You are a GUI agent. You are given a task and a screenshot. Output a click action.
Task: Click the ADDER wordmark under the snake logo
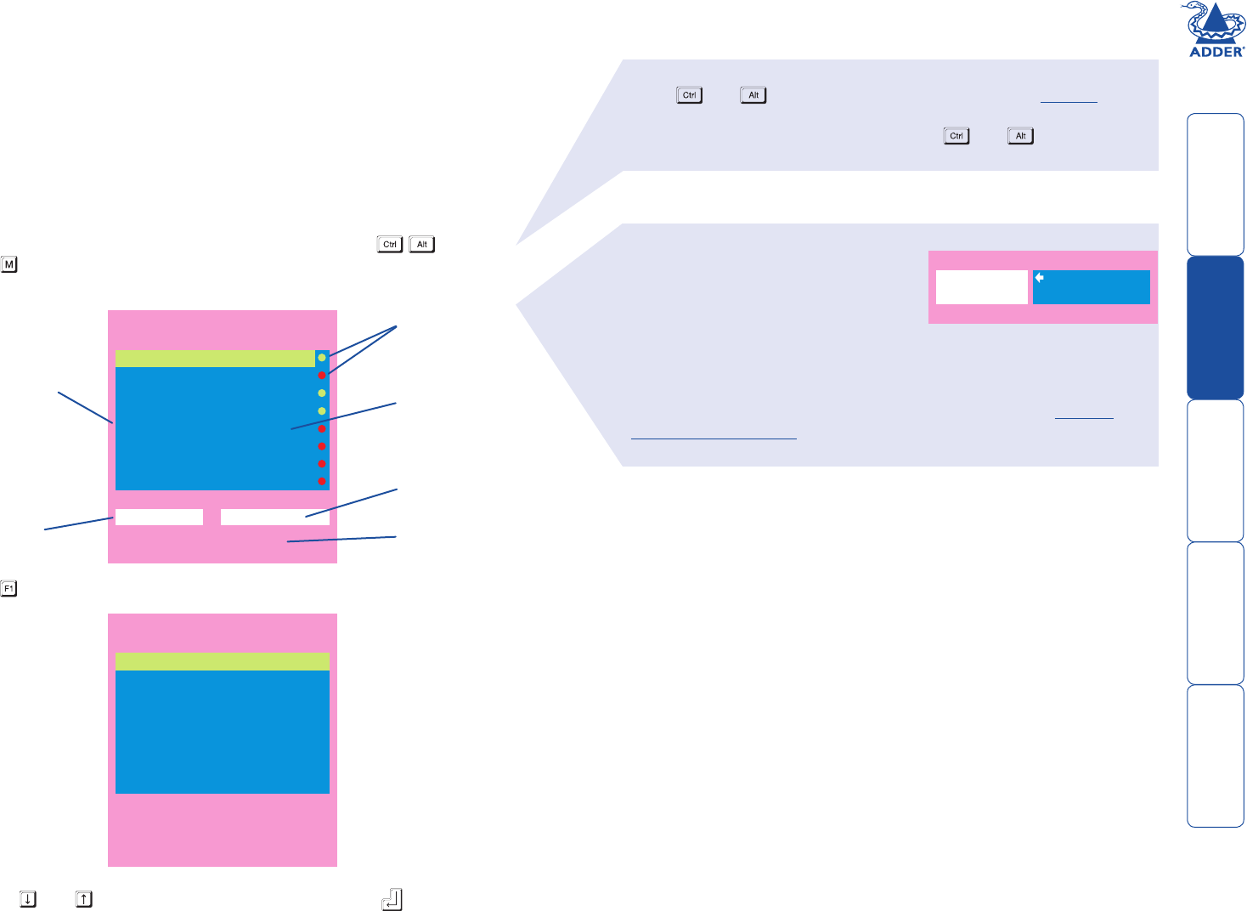[1216, 52]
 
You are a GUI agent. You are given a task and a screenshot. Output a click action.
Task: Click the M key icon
[9, 264]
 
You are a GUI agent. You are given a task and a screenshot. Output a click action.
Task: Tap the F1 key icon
[9, 588]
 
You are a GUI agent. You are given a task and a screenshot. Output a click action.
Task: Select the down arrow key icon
[28, 898]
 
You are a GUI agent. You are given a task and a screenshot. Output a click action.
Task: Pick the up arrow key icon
[83, 898]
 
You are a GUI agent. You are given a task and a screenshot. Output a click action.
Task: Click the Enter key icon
[392, 899]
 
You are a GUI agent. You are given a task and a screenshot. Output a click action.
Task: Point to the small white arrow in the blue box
[1039, 278]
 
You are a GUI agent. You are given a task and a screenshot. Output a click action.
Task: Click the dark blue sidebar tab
[1216, 327]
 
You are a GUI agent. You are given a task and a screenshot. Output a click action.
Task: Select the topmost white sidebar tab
[1216, 184]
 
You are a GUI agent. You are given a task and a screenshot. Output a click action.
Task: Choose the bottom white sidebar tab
[1216, 755]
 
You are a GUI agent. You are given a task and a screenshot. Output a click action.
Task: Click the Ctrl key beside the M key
[390, 245]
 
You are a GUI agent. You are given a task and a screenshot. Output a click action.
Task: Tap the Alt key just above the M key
[422, 245]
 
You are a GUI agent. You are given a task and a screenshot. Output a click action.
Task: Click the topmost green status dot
[322, 358]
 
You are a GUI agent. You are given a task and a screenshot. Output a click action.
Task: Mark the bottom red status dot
[322, 481]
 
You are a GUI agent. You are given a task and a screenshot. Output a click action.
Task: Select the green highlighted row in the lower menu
[222, 661]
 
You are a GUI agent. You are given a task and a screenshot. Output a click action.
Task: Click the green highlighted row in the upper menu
[214, 358]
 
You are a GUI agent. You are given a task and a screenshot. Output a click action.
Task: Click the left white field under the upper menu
[159, 517]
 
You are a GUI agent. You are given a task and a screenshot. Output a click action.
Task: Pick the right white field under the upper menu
[274, 517]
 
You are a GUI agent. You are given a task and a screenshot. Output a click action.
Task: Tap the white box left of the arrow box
[981, 287]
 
